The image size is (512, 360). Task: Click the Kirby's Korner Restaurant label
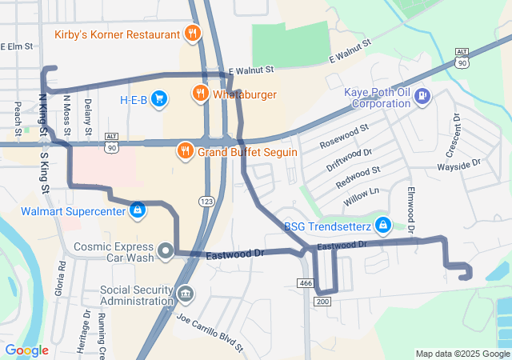[117, 34]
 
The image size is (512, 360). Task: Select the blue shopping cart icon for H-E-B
[160, 98]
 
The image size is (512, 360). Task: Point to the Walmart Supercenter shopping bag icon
[138, 210]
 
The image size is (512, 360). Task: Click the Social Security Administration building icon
[185, 294]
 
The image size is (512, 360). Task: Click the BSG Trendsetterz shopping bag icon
[383, 226]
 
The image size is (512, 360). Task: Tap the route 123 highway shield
[207, 201]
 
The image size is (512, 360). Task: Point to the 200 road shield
[322, 302]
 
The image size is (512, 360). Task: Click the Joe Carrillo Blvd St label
[210, 334]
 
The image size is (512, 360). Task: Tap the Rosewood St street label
[344, 136]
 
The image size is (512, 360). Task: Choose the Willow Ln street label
[361, 197]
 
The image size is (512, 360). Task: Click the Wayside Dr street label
[458, 164]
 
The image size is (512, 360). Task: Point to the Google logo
[26, 350]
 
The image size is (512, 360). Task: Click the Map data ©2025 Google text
[462, 354]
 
